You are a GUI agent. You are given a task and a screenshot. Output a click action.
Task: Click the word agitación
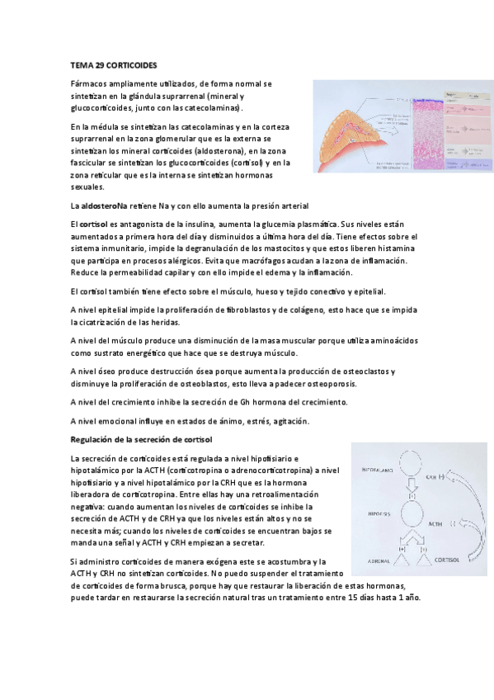click(264, 421)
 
